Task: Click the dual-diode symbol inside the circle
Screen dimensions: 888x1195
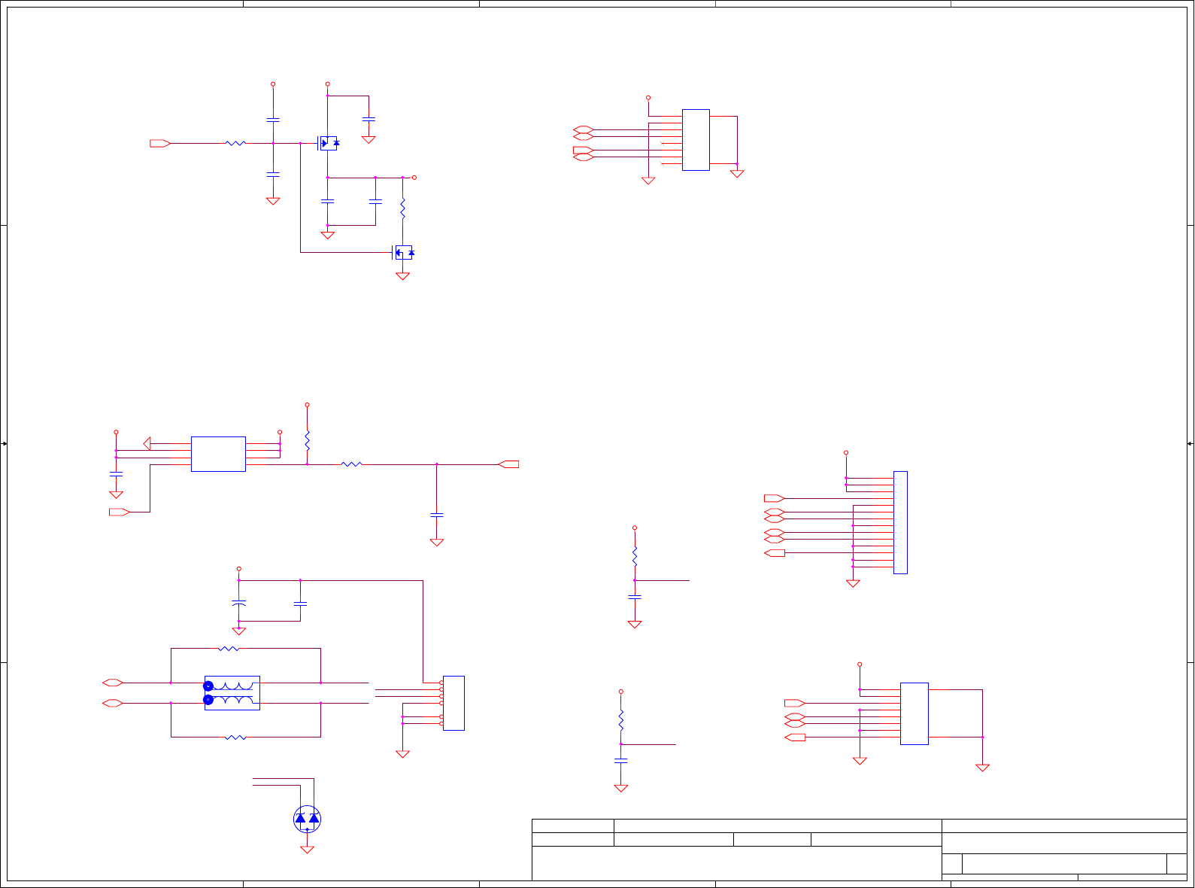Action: click(307, 819)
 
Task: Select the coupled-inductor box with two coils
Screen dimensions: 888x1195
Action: click(232, 693)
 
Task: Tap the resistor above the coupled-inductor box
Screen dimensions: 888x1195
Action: click(229, 648)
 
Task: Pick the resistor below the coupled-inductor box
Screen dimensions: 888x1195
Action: click(235, 737)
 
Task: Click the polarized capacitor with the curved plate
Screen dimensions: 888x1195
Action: click(239, 603)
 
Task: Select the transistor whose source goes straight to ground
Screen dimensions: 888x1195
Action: click(404, 253)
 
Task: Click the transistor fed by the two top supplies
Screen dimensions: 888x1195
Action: click(329, 143)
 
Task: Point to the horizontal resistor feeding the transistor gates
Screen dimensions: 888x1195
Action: click(235, 143)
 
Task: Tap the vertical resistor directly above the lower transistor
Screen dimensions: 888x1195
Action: click(402, 208)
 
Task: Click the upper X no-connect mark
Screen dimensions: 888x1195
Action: click(662, 143)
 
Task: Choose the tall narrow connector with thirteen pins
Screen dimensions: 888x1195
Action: click(900, 522)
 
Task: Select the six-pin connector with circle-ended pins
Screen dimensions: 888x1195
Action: click(453, 703)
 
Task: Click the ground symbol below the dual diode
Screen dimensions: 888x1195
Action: click(307, 850)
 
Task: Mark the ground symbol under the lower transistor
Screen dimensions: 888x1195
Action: click(402, 276)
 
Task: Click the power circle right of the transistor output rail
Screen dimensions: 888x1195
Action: click(414, 178)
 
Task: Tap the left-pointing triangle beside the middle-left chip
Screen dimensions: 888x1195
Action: click(147, 443)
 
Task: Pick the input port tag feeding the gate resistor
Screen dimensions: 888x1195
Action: click(159, 143)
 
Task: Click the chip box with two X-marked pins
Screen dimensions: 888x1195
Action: click(696, 140)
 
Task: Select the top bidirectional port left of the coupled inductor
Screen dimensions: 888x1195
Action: click(113, 683)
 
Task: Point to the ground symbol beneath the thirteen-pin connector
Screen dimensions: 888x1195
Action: click(853, 583)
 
